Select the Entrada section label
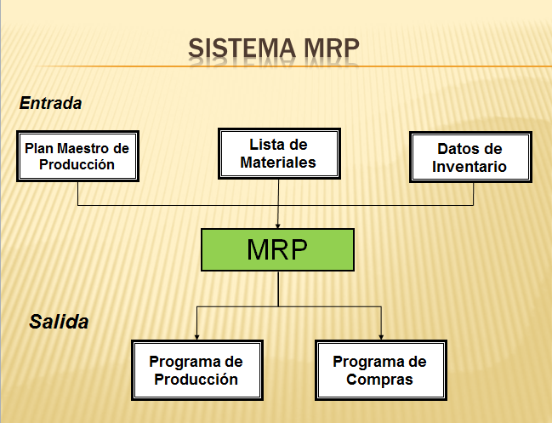click(x=50, y=103)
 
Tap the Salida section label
click(x=59, y=322)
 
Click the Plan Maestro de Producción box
click(x=77, y=156)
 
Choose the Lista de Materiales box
click(x=278, y=153)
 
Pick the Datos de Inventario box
click(x=469, y=157)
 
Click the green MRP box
click(x=277, y=249)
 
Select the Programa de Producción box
click(x=196, y=370)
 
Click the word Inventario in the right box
click(x=469, y=167)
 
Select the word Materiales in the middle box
click(x=278, y=162)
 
